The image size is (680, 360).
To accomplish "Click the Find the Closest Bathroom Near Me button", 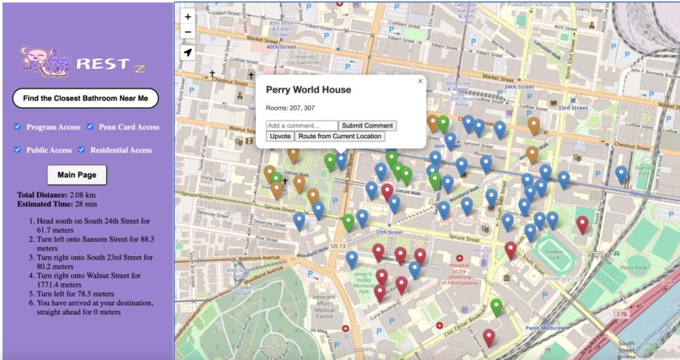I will tap(85, 99).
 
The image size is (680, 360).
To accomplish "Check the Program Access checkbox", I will tap(18, 127).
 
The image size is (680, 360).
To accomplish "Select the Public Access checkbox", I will tap(18, 150).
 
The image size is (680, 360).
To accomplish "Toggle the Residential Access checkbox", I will tap(82, 150).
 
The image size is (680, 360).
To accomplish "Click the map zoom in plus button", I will tap(188, 16).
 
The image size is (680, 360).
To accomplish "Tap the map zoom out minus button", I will tap(188, 32).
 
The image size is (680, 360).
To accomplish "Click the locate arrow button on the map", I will tap(188, 52).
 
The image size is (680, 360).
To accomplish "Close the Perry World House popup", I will tap(420, 82).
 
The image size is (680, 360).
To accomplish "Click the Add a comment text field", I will tap(301, 126).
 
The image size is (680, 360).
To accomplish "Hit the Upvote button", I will tap(280, 136).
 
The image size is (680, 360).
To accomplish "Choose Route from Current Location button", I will tap(340, 136).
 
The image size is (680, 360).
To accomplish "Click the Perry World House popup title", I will tap(308, 89).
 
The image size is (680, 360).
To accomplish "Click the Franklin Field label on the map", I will tap(553, 255).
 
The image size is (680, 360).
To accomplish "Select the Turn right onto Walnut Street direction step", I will tap(93, 274).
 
